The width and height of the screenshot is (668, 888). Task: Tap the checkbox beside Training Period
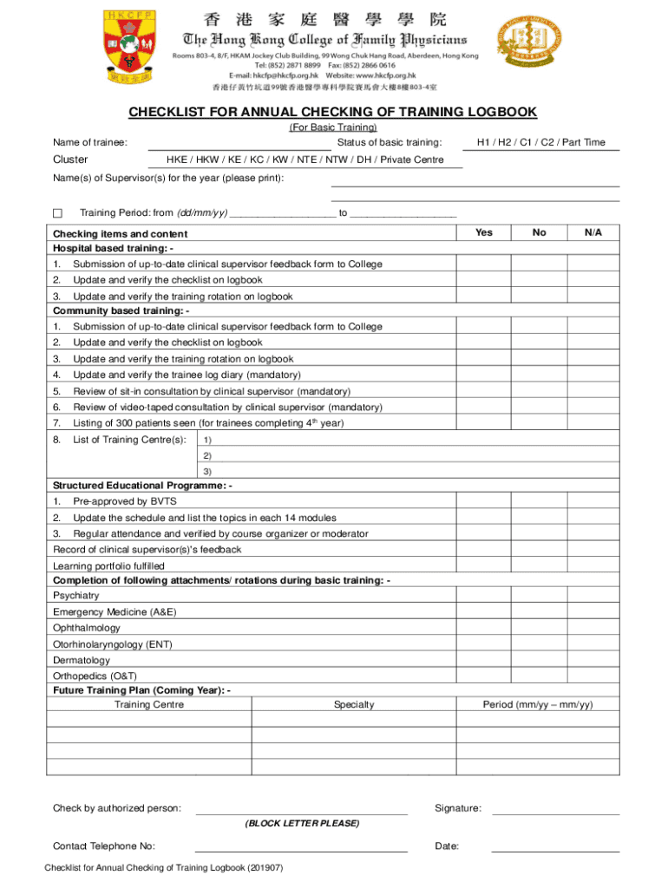(x=58, y=213)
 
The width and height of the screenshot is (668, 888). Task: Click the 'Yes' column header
(x=484, y=232)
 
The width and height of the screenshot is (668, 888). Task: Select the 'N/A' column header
(x=593, y=232)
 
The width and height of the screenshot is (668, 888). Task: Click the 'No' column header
(x=540, y=232)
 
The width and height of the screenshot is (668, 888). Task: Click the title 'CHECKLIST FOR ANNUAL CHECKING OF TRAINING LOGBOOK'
(x=333, y=113)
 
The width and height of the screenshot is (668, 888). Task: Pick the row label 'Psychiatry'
(x=76, y=596)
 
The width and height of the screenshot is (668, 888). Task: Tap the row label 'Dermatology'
(x=82, y=660)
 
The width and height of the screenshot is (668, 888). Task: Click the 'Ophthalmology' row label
(x=87, y=628)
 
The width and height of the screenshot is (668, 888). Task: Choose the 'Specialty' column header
(x=354, y=705)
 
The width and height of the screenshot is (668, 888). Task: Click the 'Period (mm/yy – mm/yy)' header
(x=538, y=705)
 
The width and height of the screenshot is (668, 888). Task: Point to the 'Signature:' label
(x=458, y=808)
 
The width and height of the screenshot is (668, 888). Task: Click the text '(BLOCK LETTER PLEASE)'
(x=301, y=823)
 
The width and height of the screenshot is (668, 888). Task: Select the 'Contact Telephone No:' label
(x=104, y=846)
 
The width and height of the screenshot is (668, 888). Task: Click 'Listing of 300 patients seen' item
(x=208, y=423)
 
